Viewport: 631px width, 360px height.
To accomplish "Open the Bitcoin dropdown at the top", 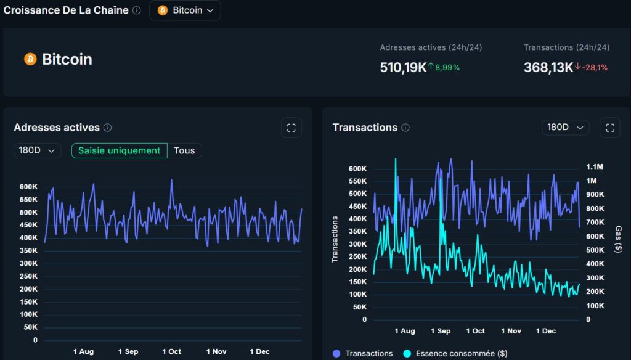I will pos(185,10).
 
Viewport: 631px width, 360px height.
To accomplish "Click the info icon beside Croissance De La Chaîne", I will pos(137,10).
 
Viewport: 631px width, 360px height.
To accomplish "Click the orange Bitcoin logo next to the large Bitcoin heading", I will pos(30,59).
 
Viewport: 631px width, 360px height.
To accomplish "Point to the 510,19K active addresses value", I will pos(403,67).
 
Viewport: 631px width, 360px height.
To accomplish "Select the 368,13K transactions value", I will pos(548,67).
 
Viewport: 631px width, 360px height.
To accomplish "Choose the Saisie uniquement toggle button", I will pos(119,150).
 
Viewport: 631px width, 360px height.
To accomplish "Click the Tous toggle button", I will pos(184,150).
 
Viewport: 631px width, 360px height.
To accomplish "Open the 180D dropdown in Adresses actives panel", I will pos(37,150).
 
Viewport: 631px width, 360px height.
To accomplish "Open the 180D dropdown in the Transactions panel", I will pos(565,127).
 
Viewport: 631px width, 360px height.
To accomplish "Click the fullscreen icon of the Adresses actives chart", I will pos(291,128).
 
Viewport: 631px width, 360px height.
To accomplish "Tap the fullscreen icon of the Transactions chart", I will pos(609,128).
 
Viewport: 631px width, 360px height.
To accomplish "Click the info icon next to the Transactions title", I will pos(405,128).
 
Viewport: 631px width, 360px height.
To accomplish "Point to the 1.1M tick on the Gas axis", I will pos(595,166).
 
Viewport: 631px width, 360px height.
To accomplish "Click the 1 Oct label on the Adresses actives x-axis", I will pos(171,351).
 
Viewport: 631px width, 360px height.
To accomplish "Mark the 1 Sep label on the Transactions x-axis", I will pos(440,331).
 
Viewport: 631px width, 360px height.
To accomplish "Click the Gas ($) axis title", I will pos(617,239).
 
